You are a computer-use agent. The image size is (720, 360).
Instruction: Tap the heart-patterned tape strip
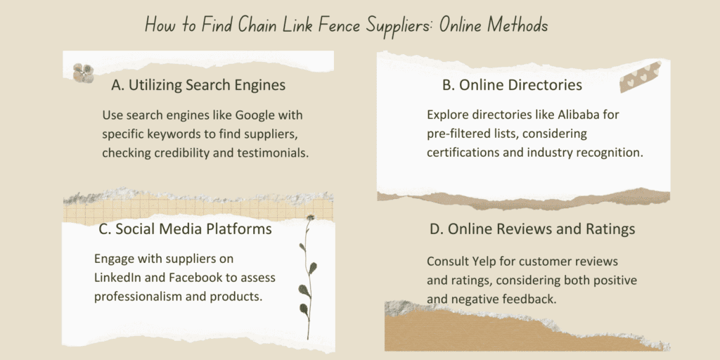[x=640, y=77]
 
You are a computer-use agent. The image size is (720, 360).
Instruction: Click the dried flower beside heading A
[x=83, y=73]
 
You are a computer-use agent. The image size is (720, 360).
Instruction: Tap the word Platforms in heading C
[x=238, y=229]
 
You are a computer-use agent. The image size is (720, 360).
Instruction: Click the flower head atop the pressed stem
[x=311, y=217]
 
